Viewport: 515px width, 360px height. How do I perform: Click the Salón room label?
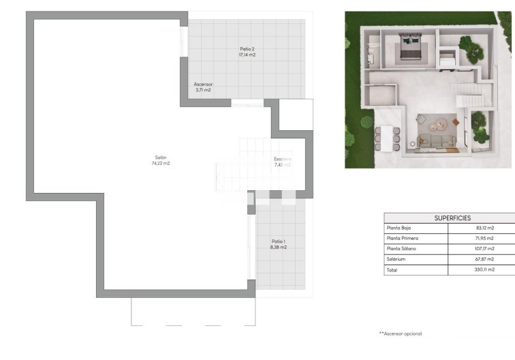point(161,157)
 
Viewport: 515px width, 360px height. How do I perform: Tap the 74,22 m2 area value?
point(161,164)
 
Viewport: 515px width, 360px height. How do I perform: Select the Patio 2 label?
point(247,48)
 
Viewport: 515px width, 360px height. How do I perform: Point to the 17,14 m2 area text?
point(247,55)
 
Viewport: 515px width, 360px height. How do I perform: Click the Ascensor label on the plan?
point(203,84)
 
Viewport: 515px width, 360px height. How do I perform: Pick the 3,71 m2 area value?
point(203,90)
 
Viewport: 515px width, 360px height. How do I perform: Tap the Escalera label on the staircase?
point(282,159)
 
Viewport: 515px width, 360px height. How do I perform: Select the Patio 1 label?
point(278,241)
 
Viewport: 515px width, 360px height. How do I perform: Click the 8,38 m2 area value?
point(278,247)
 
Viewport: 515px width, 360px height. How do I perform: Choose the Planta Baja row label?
point(403,228)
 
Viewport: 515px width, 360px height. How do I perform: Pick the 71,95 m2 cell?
point(485,238)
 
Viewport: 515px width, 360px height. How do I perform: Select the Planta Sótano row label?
point(403,249)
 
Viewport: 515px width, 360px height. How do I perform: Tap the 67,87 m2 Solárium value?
point(485,259)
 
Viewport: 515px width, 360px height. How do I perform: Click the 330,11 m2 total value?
point(485,270)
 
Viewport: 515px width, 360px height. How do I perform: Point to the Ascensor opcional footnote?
point(401,333)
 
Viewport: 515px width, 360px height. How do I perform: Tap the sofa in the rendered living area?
point(435,140)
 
